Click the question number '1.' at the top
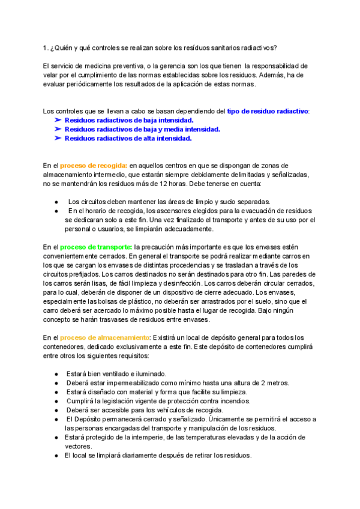pos(46,48)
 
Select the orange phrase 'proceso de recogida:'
pos(94,165)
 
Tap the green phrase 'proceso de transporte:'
pos(97,247)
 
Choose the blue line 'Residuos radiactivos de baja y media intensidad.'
pos(142,129)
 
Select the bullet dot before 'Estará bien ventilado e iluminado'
pos(56,374)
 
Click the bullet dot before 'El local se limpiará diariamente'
pos(56,456)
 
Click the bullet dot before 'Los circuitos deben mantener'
pos(56,202)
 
